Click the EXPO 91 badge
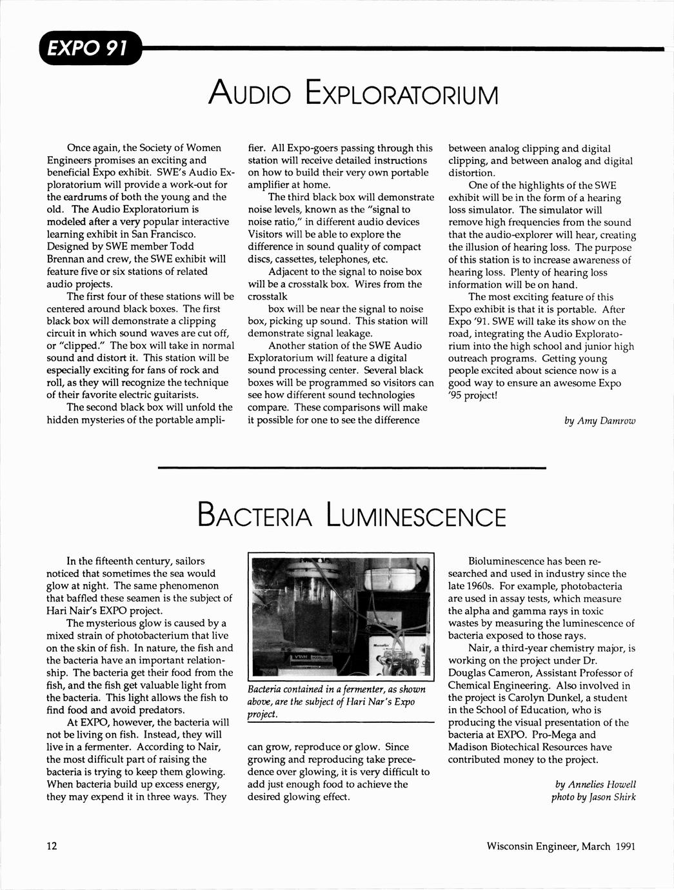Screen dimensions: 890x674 pyautogui.click(x=89, y=48)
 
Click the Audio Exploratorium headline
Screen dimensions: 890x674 pyautogui.click(x=354, y=94)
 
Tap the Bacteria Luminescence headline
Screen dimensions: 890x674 pyautogui.click(x=352, y=517)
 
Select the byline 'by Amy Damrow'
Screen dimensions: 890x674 pyautogui.click(x=600, y=421)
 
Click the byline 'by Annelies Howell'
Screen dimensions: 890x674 pyautogui.click(x=595, y=784)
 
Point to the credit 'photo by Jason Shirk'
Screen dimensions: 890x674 pyautogui.click(x=593, y=797)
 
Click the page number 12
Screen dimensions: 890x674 pyautogui.click(x=52, y=846)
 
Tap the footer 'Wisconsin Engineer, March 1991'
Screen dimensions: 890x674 pyautogui.click(x=561, y=846)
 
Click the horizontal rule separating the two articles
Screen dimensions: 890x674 pyautogui.click(x=352, y=467)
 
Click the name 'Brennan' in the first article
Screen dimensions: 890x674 pyautogui.click(x=65, y=259)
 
